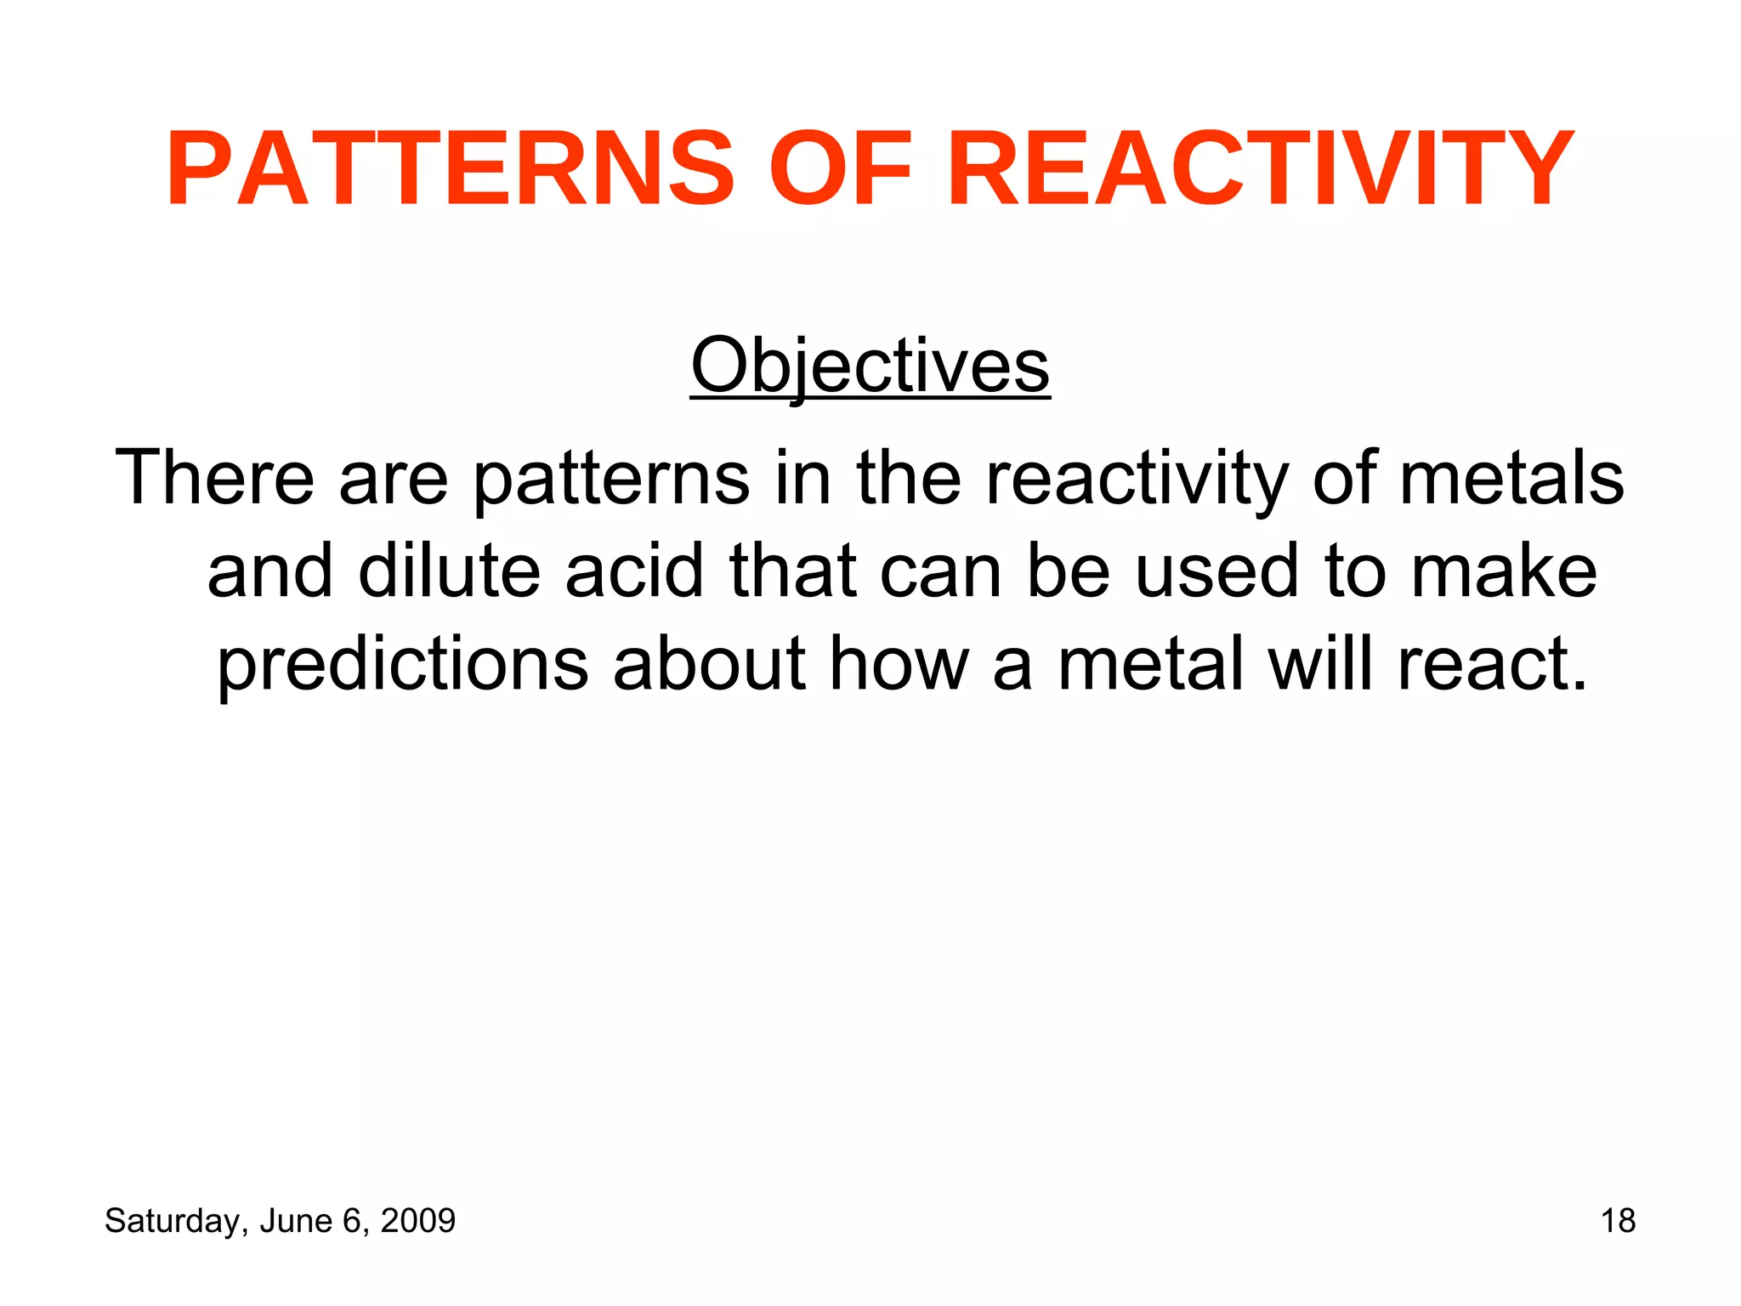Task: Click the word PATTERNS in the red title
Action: coord(451,168)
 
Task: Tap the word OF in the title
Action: coord(840,168)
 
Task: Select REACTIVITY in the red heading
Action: coord(1260,168)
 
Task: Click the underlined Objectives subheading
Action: coord(870,366)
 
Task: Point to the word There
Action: coord(214,478)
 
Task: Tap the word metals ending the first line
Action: coord(1511,478)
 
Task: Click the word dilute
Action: coord(449,571)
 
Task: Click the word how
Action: coord(899,663)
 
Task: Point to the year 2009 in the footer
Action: coord(417,1221)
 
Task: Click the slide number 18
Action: coord(1618,1221)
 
